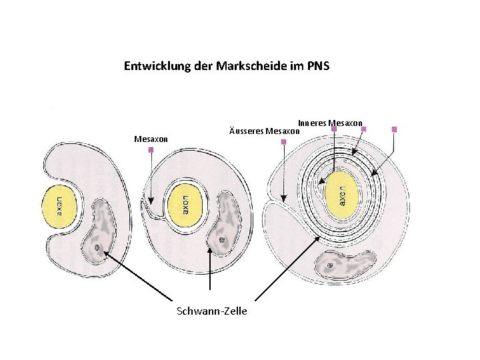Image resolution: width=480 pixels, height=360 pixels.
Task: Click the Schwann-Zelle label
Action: click(x=211, y=311)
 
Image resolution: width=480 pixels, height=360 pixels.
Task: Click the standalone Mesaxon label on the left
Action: click(x=151, y=139)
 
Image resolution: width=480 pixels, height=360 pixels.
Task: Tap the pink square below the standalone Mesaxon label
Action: click(x=151, y=151)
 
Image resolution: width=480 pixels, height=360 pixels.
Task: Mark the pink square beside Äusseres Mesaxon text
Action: click(x=283, y=141)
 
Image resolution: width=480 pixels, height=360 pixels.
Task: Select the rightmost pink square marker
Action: click(x=394, y=129)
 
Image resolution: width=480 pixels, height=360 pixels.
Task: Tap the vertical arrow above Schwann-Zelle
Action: click(x=211, y=273)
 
